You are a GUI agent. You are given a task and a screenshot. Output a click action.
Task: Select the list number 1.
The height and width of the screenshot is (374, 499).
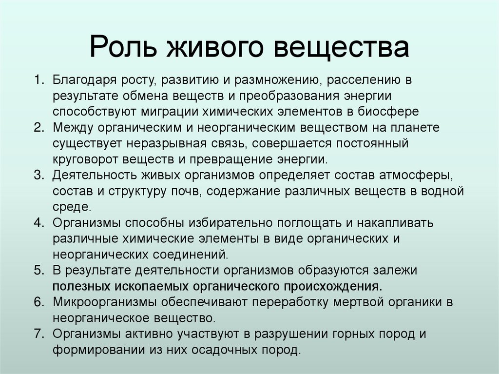pyautogui.click(x=39, y=79)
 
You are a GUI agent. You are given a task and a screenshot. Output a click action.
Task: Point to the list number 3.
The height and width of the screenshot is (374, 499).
pyautogui.click(x=39, y=175)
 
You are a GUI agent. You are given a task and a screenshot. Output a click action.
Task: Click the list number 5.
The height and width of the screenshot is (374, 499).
pyautogui.click(x=39, y=270)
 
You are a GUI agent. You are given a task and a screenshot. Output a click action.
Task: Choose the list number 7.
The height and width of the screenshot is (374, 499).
pyautogui.click(x=39, y=334)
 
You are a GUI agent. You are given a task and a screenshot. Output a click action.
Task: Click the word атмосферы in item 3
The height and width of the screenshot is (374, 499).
pyautogui.click(x=417, y=175)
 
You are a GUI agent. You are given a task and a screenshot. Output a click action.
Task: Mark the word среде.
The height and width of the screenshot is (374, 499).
pyautogui.click(x=72, y=206)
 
